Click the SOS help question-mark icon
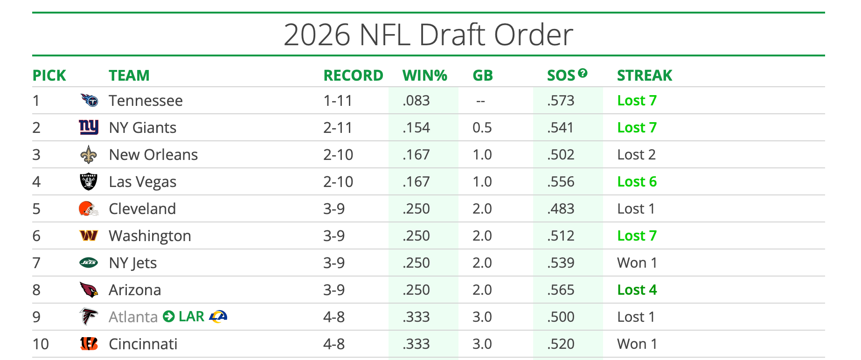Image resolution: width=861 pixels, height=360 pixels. point(583,73)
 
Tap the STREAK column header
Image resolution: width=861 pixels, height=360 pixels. point(644,76)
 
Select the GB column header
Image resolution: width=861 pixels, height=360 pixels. point(482,76)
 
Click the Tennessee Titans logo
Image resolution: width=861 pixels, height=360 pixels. point(89,100)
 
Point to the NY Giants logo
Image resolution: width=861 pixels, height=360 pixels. point(89,127)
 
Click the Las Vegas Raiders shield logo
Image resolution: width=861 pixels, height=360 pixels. point(89,182)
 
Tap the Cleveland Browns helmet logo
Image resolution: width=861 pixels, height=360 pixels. point(89,209)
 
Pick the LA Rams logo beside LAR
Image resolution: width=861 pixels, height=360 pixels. point(218,317)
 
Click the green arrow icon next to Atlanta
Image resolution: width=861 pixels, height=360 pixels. point(168,317)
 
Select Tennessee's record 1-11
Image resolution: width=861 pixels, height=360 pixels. point(338,101)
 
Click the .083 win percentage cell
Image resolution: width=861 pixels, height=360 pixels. point(416,101)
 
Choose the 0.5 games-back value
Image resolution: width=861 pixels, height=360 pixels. point(482,128)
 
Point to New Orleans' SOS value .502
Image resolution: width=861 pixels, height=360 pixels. point(561,155)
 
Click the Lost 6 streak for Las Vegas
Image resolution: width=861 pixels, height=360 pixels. point(637,182)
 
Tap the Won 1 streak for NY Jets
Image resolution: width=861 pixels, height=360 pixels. point(637,263)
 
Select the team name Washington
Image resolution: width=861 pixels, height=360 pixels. point(150,236)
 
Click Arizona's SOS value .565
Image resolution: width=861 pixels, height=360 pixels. point(561,290)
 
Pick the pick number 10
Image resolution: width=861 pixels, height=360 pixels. point(41,344)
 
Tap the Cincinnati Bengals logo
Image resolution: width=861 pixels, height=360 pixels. point(89,344)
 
